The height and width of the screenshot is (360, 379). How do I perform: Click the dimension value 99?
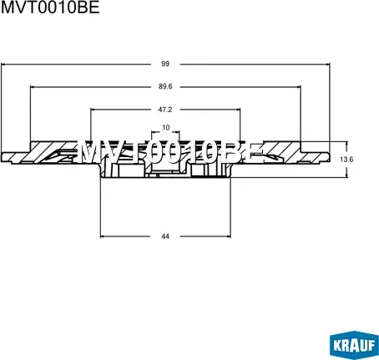click(x=165, y=63)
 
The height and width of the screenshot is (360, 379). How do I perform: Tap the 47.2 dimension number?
click(x=165, y=109)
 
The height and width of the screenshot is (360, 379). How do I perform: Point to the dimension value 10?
click(x=165, y=128)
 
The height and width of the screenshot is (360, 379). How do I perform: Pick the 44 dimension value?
click(x=165, y=236)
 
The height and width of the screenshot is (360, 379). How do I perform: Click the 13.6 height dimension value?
click(x=348, y=160)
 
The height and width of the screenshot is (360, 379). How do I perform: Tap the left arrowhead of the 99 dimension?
click(x=3, y=63)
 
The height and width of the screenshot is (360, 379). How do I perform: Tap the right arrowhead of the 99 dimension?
click(x=328, y=63)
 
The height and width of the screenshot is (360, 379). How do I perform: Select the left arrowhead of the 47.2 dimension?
click(x=91, y=109)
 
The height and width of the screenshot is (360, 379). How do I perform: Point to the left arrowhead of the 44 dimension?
click(x=103, y=236)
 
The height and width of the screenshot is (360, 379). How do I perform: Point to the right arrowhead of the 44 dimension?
click(x=229, y=236)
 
